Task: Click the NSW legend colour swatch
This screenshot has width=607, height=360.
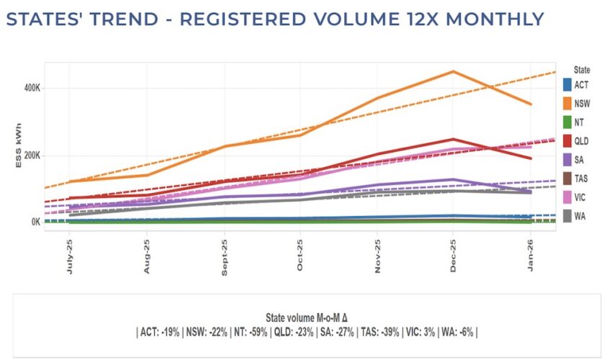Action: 568,104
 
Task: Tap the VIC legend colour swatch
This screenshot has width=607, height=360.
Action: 568,196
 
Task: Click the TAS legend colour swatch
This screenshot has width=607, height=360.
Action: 568,177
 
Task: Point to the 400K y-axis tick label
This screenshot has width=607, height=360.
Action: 32,88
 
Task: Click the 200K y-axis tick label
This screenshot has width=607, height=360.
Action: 32,156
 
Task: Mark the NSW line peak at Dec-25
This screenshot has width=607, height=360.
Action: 453,71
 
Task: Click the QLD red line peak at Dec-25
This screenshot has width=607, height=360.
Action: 453,139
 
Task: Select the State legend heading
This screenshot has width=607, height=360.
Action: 582,70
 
